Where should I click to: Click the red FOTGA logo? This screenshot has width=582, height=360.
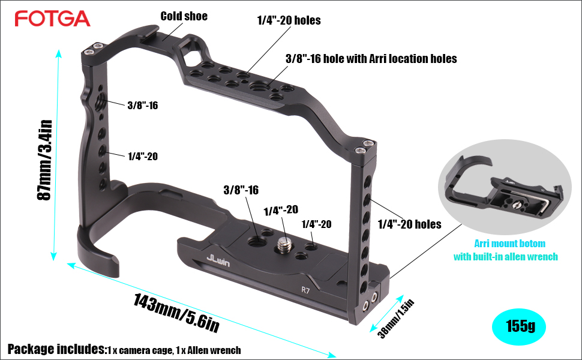52,19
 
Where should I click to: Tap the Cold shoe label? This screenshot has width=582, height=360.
184,16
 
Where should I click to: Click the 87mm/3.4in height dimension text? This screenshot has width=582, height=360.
44,160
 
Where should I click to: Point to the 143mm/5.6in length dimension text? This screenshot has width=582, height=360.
176,312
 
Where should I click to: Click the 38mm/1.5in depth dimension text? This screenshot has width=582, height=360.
395,319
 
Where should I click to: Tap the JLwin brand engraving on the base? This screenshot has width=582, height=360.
218,260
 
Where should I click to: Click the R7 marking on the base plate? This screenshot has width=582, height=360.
305,290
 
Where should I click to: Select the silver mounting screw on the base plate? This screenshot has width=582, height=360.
284,245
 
